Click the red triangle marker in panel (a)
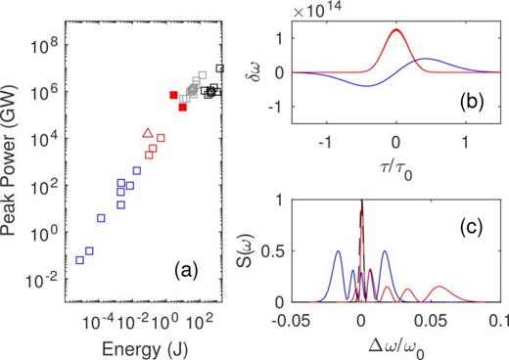point(148,133)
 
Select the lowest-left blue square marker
point(80,259)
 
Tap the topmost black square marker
point(220,68)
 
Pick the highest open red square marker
point(158,138)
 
